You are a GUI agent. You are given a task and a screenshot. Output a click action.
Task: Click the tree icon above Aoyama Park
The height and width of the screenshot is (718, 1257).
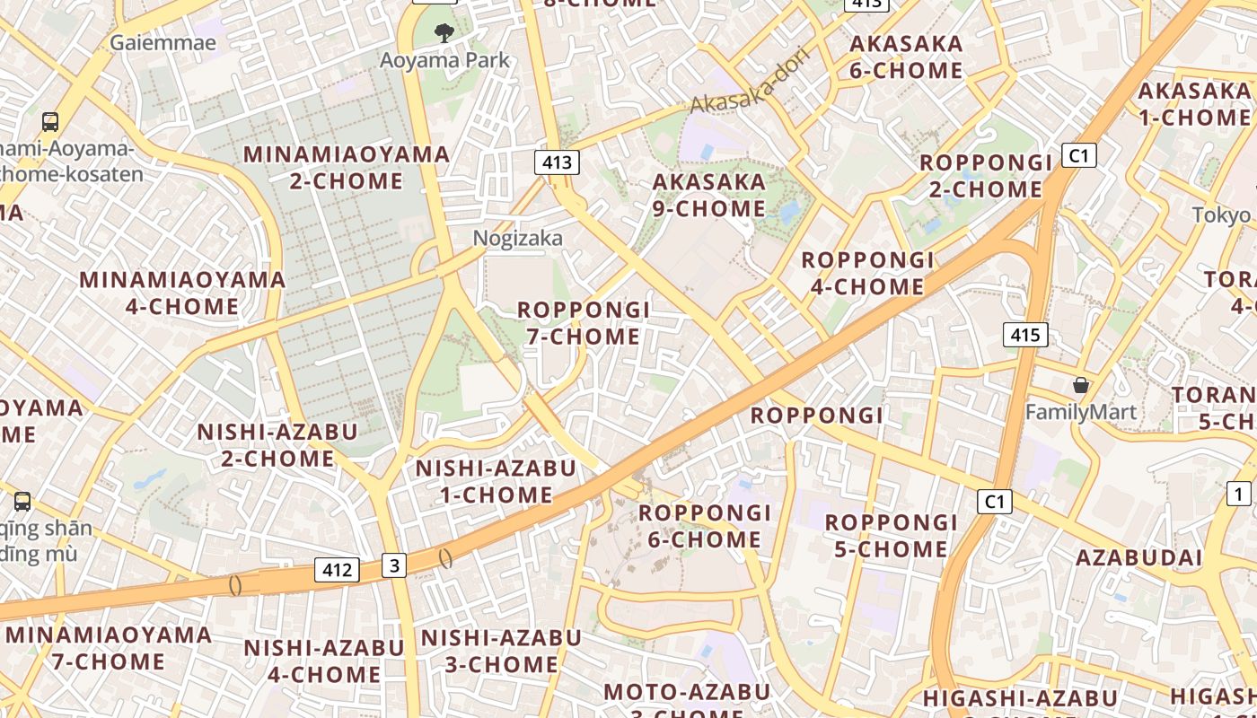coord(444,34)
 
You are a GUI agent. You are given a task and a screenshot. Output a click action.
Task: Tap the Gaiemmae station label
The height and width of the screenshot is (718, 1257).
coord(163,42)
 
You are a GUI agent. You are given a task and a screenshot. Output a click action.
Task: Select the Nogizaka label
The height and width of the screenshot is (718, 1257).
coord(518,238)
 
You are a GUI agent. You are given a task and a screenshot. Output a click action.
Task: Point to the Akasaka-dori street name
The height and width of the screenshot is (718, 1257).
coord(751,82)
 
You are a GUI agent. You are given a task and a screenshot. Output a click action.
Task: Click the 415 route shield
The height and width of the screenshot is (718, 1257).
coord(1024,336)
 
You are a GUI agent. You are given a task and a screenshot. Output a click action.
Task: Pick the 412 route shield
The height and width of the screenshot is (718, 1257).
coord(338,569)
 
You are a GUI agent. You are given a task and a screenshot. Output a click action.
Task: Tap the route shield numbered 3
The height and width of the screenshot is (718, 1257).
coord(394,565)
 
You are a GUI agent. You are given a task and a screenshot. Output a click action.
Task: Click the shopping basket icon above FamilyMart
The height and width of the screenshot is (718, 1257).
coord(1081,385)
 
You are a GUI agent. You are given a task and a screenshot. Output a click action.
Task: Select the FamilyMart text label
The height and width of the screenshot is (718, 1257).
coord(1081,413)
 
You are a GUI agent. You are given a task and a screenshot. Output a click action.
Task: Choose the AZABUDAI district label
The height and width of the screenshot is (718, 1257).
coord(1138,557)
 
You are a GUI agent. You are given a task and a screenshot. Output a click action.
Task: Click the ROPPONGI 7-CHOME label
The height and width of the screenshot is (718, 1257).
coord(584,323)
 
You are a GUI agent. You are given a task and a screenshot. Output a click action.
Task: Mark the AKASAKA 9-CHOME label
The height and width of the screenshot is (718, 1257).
coord(709,196)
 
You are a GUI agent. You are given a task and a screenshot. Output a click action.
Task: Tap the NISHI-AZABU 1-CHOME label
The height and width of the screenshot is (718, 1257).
coord(496,481)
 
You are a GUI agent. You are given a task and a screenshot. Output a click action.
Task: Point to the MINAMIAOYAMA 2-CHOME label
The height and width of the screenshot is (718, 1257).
coord(347,168)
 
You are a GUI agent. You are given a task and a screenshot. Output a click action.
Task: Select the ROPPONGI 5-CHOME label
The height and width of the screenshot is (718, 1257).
coord(892,536)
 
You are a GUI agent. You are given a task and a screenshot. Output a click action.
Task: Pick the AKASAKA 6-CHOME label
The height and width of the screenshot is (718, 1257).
coord(906,57)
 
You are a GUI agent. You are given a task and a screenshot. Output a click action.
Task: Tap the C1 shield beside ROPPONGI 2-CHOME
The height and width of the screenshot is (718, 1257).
coord(1078,155)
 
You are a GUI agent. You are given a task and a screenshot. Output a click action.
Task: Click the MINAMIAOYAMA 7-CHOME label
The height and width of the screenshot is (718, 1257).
coord(109,649)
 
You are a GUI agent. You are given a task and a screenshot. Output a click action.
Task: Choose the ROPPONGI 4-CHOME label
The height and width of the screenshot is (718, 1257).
coord(867,274)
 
